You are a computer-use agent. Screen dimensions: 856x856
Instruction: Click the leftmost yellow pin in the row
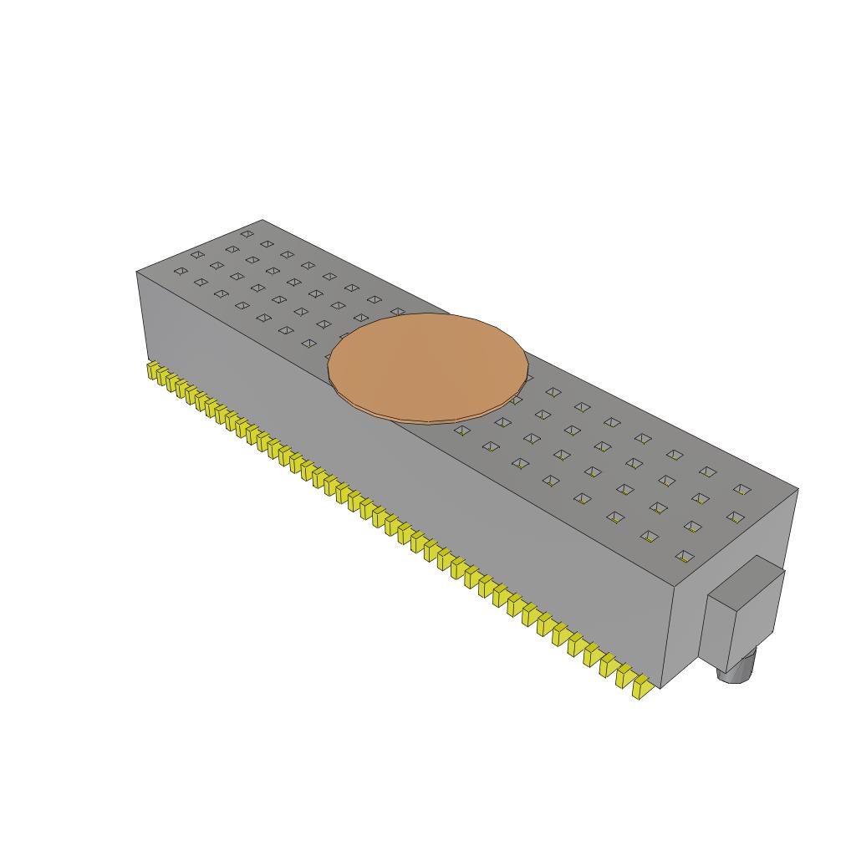point(153,371)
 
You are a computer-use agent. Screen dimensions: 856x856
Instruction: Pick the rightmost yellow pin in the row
point(643,689)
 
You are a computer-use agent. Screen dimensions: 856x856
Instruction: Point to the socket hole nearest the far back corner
point(247,234)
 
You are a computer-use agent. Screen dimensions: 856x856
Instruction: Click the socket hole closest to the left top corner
point(180,271)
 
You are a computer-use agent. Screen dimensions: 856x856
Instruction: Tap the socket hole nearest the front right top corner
point(685,555)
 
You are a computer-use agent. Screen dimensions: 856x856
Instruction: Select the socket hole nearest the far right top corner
point(741,489)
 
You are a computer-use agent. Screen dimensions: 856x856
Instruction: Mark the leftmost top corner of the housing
point(136,273)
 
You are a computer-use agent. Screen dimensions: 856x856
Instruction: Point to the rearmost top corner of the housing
point(262,220)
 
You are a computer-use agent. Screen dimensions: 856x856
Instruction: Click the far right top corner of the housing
point(797,489)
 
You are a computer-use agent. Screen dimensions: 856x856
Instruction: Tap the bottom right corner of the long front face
point(660,688)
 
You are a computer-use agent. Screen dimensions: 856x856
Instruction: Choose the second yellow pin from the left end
point(162,377)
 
